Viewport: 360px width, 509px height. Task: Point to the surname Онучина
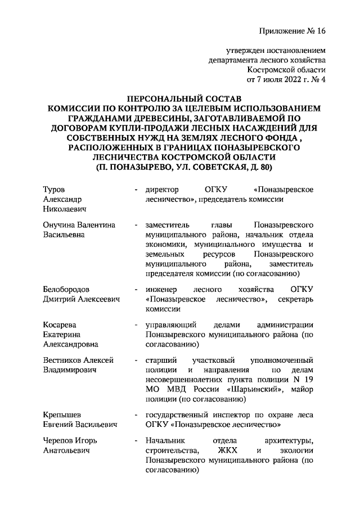[59, 225]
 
